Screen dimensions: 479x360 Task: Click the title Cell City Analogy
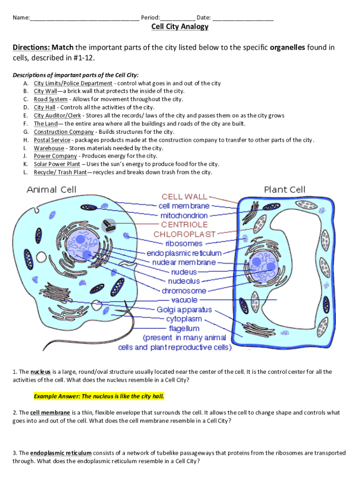click(180, 27)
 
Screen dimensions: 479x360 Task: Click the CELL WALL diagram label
click(184, 196)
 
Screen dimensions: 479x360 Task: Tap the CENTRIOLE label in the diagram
click(184, 225)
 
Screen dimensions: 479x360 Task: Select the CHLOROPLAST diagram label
click(185, 234)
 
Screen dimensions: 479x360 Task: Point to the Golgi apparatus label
click(184, 310)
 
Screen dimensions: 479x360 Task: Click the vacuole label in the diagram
click(184, 300)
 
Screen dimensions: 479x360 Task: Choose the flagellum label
click(184, 328)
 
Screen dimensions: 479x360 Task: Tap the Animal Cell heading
click(51, 189)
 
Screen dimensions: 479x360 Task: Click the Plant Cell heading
click(284, 189)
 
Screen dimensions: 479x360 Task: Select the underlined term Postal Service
click(52, 140)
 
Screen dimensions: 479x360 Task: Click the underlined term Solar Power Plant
click(57, 164)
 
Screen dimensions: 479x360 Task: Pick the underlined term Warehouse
click(49, 148)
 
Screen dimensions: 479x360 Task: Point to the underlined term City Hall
click(44, 108)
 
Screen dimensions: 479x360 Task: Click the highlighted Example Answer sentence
click(99, 396)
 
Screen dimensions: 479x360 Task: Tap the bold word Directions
click(31, 48)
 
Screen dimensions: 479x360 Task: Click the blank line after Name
click(85, 19)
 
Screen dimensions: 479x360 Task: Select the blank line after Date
click(243, 19)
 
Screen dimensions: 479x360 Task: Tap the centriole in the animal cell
click(108, 226)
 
